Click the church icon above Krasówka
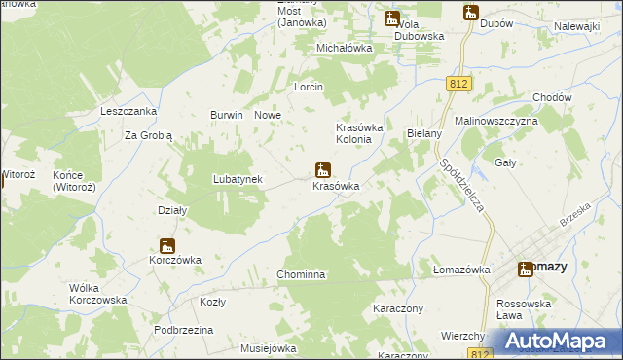click(322, 169)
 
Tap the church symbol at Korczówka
click(167, 246)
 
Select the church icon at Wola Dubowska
click(392, 18)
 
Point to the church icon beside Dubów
click(471, 13)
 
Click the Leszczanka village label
click(129, 111)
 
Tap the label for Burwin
click(227, 115)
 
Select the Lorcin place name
click(309, 87)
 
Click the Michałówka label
click(345, 48)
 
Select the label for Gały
click(505, 162)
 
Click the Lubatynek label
click(238, 179)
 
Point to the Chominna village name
click(301, 275)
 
